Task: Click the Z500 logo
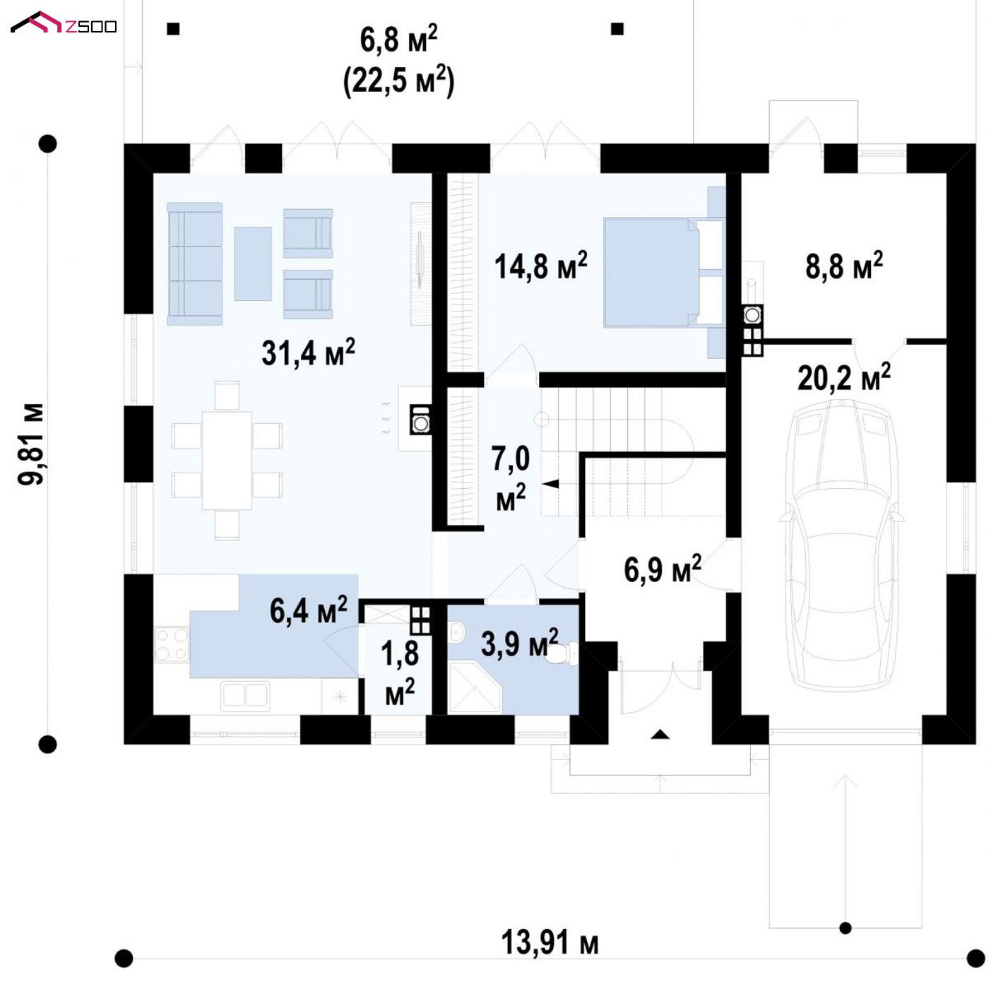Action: [x=64, y=23]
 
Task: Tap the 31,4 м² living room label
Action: [x=308, y=353]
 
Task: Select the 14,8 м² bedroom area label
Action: [x=540, y=266]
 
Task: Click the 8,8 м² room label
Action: [x=844, y=266]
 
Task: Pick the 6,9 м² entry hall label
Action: [x=663, y=569]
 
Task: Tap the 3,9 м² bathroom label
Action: [x=519, y=643]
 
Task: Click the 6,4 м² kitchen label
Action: [x=309, y=611]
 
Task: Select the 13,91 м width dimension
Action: [x=550, y=942]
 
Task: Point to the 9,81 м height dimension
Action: [x=31, y=444]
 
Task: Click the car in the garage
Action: [x=841, y=544]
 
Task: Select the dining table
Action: [x=227, y=460]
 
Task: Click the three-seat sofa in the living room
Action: [x=195, y=263]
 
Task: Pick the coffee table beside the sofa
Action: [x=253, y=263]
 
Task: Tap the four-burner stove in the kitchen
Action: [x=172, y=644]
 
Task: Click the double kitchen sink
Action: [x=245, y=695]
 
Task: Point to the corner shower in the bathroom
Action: [x=475, y=687]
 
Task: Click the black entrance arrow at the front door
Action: [x=660, y=734]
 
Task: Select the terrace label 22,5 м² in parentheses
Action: [x=398, y=81]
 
